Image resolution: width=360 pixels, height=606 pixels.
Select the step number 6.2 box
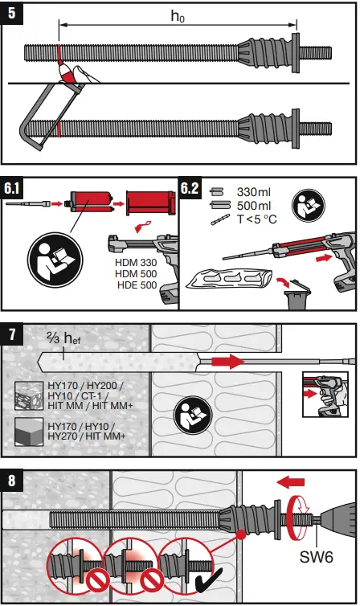(190, 190)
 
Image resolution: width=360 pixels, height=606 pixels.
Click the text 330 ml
(256, 193)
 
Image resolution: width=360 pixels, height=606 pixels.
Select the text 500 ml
(256, 206)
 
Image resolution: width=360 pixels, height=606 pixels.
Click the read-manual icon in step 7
(190, 416)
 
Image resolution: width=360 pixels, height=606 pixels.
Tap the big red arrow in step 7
(225, 363)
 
